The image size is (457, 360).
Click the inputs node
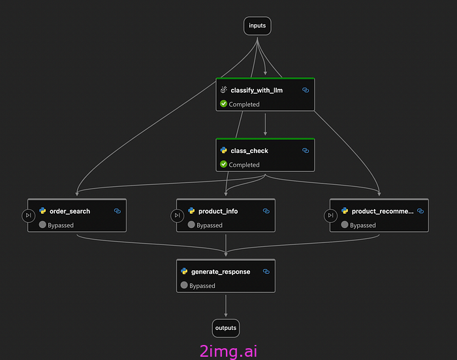(257, 25)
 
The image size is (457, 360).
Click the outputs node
(225, 327)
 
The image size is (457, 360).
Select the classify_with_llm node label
(257, 90)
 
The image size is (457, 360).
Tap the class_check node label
(249, 150)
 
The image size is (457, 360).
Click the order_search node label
(70, 211)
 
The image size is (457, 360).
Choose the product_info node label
(218, 211)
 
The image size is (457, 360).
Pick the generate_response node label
(221, 271)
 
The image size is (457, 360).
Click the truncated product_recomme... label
(383, 211)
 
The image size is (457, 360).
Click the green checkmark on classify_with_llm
(223, 104)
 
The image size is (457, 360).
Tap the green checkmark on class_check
(223, 165)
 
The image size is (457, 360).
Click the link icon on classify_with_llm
(306, 90)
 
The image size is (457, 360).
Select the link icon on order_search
(118, 211)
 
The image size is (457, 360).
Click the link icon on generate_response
(266, 271)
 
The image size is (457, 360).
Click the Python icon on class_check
(223, 150)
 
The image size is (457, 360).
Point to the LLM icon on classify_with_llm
(223, 90)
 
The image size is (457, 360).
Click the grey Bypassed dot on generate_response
(184, 286)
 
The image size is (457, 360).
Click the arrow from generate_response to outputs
(226, 305)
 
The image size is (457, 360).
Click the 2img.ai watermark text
(228, 351)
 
